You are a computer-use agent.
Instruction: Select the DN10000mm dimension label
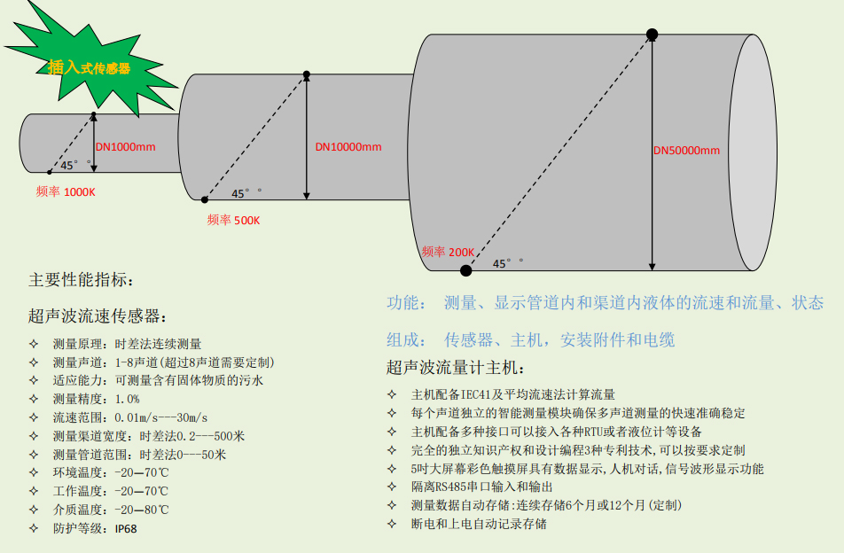(348, 146)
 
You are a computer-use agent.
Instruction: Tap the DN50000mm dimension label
(686, 150)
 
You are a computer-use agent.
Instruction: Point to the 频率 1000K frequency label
(66, 191)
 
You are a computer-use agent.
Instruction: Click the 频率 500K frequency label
(233, 220)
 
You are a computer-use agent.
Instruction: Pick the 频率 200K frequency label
(448, 252)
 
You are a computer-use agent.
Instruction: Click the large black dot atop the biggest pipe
(652, 35)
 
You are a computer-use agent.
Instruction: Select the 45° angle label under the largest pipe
(507, 263)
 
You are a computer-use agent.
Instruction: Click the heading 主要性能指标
(81, 281)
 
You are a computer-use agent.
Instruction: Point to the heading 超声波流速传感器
(97, 315)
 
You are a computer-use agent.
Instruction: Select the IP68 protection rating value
(126, 528)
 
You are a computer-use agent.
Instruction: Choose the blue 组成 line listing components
(530, 339)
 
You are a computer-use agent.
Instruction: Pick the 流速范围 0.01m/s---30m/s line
(129, 417)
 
